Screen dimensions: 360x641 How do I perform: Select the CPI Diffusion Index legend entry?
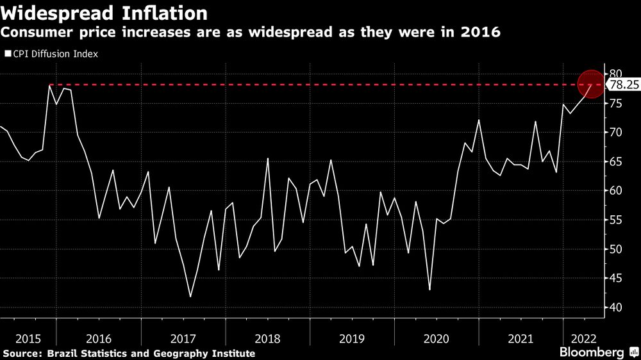[x=51, y=54]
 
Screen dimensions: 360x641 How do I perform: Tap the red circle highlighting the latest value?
[x=590, y=85]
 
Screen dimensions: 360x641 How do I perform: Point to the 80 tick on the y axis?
[x=616, y=74]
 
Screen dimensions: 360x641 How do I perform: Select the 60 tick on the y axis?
[x=616, y=191]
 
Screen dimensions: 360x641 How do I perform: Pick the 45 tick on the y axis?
[x=616, y=278]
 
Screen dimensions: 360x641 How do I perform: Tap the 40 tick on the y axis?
[x=616, y=307]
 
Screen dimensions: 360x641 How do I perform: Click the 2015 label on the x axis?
[x=28, y=338]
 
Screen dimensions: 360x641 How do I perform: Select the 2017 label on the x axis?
[x=183, y=338]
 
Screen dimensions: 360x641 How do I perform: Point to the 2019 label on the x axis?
[x=351, y=338]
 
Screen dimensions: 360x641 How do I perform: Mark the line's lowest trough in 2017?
[x=190, y=297]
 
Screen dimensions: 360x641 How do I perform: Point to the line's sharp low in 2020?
[x=429, y=290]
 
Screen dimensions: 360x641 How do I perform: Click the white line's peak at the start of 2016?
[x=49, y=85]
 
